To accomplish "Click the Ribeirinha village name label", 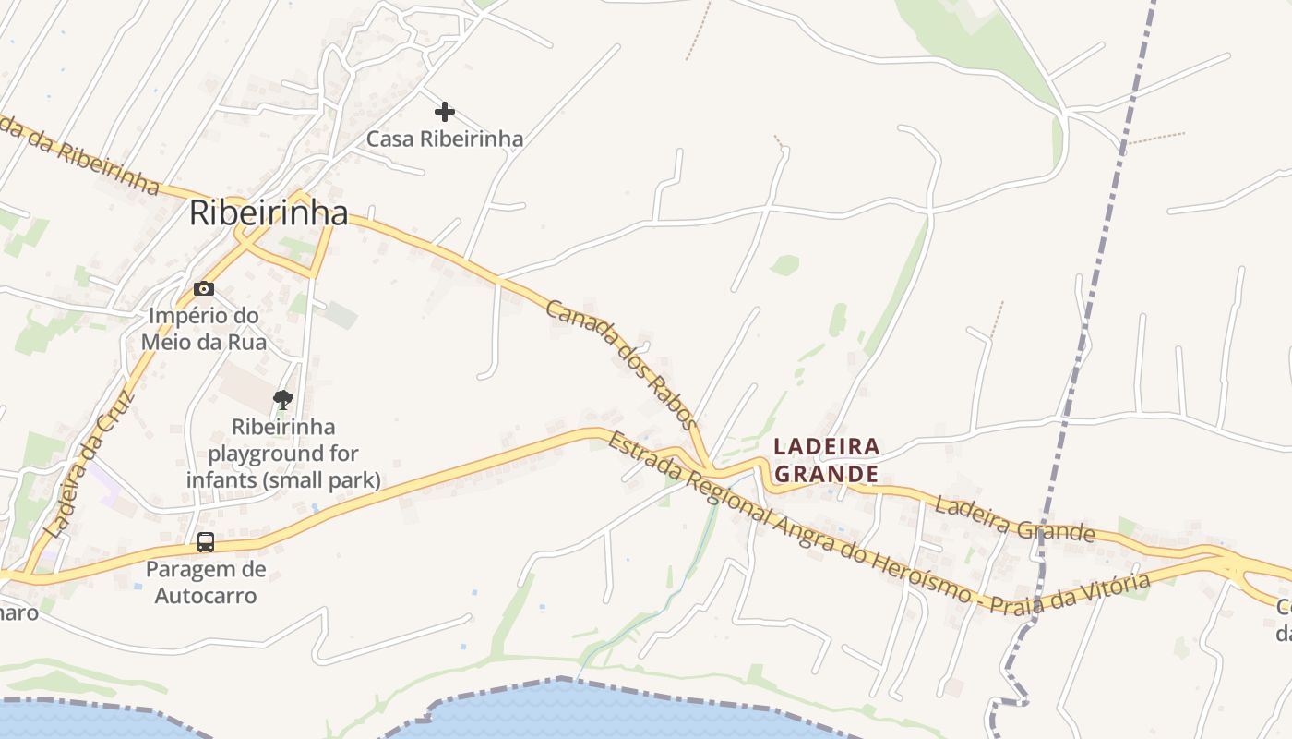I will click(269, 213).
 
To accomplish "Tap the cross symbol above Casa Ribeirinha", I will click(445, 112).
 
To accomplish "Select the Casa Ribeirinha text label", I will click(445, 139).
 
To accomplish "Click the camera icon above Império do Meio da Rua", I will click(204, 289).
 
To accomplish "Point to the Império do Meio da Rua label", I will click(204, 329).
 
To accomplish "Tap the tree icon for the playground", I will click(283, 399).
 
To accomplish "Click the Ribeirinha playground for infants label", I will click(283, 454).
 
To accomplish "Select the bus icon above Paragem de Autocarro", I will click(206, 542).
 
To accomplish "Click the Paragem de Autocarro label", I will click(206, 582).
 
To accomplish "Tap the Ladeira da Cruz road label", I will click(90, 465).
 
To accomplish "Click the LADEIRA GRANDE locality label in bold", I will click(826, 460).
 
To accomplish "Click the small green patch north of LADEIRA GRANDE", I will click(784, 266).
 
